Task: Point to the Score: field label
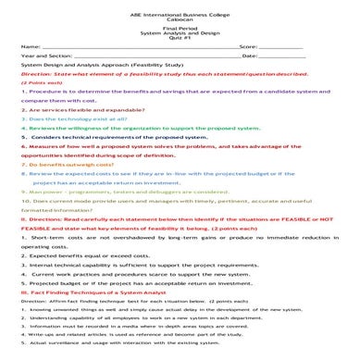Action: coord(247,44)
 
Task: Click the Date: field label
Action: coord(250,56)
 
